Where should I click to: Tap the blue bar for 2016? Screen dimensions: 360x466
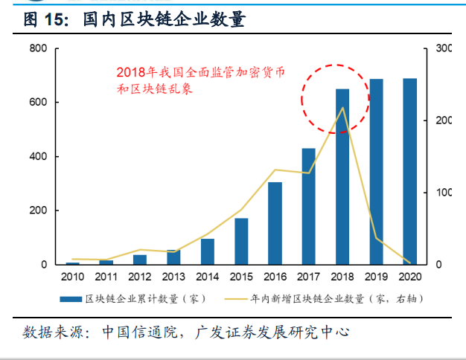(x=275, y=223)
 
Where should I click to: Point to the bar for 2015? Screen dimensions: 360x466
(x=240, y=241)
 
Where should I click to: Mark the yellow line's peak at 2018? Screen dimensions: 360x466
(x=342, y=108)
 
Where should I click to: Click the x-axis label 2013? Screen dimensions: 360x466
(x=173, y=277)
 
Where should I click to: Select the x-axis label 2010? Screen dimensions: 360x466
(x=72, y=277)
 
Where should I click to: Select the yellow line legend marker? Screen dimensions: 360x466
(x=236, y=299)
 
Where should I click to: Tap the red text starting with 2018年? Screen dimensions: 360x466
(x=201, y=72)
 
